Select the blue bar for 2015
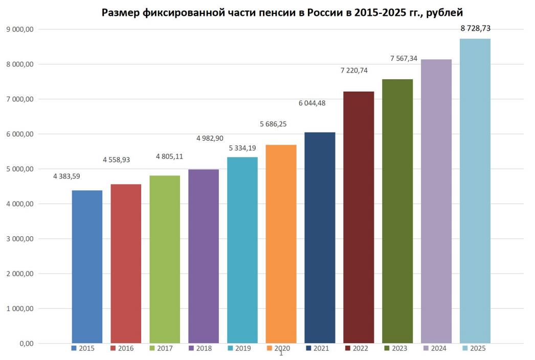tap(87, 266)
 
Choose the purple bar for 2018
tap(204, 256)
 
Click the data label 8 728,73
tap(475, 29)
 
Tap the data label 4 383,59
tap(66, 176)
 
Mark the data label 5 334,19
tap(242, 148)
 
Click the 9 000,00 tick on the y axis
tap(19, 29)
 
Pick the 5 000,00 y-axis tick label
tap(19, 169)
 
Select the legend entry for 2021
tap(317, 349)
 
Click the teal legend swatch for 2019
tap(230, 349)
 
